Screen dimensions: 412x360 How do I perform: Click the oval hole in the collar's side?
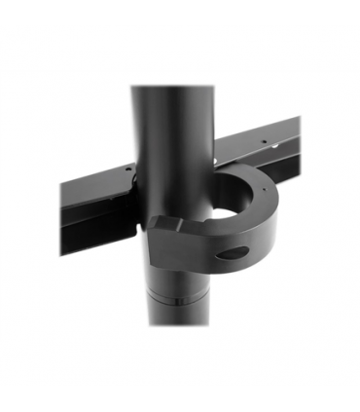(x=232, y=254)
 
